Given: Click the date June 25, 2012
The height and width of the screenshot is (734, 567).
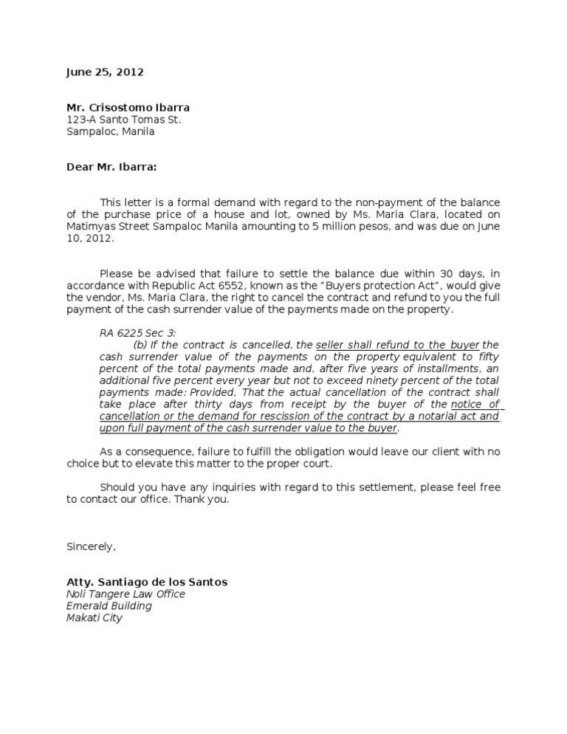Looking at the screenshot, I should click(105, 72).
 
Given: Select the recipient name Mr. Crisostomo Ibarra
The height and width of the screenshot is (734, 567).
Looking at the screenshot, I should click(128, 107).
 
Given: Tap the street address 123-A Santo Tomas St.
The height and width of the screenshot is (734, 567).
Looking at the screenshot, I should click(123, 120).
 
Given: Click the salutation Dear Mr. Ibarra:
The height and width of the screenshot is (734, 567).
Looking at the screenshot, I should click(111, 167).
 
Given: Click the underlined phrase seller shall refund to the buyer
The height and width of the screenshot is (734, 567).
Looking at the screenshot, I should click(397, 345).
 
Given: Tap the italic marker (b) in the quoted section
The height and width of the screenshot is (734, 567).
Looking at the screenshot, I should click(140, 345).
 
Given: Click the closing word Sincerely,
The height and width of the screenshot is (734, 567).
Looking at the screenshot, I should click(91, 546).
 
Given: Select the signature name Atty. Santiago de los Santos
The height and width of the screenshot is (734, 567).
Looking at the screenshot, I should click(147, 582).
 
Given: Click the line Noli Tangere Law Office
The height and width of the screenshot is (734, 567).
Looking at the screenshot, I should click(126, 594).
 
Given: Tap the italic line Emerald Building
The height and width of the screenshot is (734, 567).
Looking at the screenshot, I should click(109, 606).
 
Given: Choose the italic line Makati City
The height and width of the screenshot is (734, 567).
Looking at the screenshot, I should click(94, 617).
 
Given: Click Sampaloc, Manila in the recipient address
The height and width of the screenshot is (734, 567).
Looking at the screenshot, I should click(111, 131).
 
